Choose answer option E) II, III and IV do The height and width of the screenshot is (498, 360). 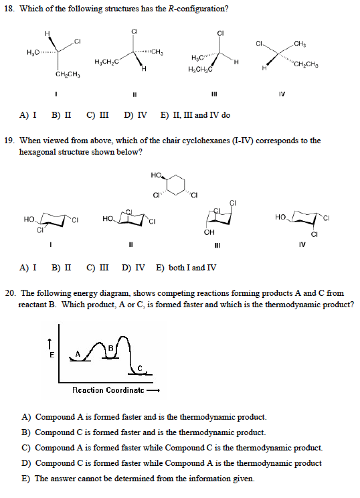[196, 115]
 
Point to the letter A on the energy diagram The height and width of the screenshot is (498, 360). [78, 354]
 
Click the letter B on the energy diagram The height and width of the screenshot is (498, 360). [111, 347]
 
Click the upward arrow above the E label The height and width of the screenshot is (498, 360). [52, 342]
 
